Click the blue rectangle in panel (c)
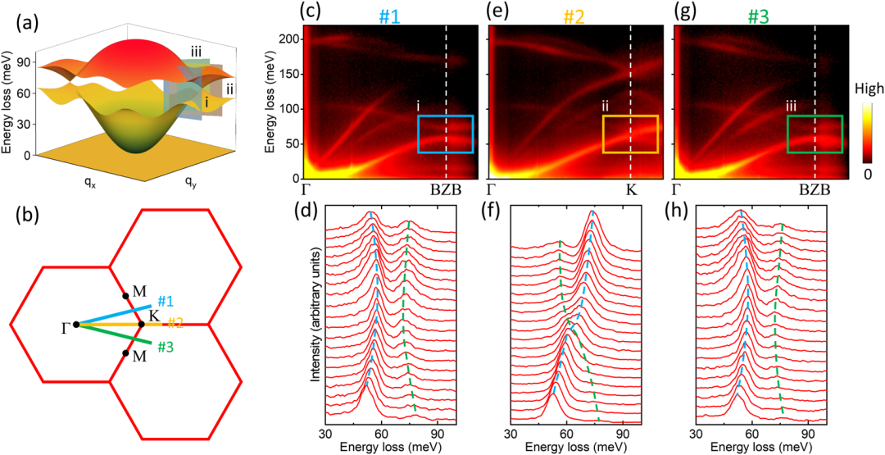click(x=446, y=134)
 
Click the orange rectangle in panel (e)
click(x=630, y=134)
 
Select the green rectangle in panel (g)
click(x=815, y=134)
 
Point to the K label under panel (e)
click(x=630, y=189)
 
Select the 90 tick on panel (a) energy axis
click(x=26, y=62)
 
